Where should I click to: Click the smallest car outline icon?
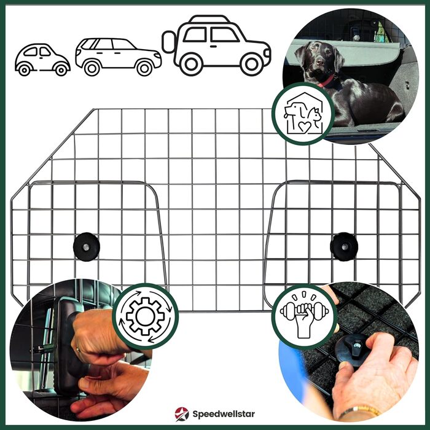pos(42,60)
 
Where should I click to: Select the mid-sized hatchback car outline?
pos(118,57)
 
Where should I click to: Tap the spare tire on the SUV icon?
pos(168,42)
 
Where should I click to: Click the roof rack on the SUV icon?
pos(209,18)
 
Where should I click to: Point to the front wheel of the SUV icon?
pos(251,64)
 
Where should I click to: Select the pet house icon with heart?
pos(303,114)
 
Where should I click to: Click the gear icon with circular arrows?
pos(146,316)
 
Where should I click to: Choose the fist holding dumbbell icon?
pos(304,315)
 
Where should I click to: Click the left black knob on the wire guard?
pos(87,247)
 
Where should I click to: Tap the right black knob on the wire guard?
pos(344,246)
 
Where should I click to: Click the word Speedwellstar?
pos(224,414)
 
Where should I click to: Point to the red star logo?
pos(182,414)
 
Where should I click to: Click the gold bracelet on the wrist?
pos(360,411)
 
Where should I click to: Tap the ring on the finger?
pos(78,350)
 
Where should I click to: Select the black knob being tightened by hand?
pos(353,347)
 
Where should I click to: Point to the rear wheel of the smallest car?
pos(24,70)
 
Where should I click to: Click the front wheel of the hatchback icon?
pos(144,68)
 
